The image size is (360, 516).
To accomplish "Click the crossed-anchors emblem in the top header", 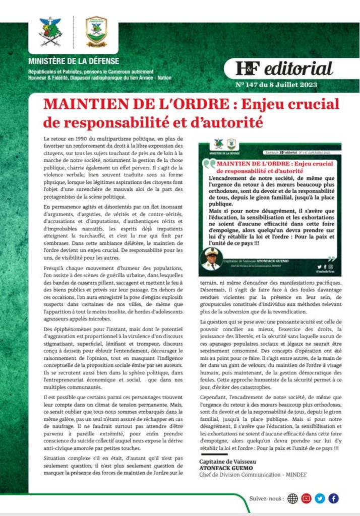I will click(50, 32).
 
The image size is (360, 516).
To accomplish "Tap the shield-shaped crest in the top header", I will click(96, 30).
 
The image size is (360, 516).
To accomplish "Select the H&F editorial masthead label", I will click(285, 69).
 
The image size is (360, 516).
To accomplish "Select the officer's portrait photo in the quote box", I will click(211, 259).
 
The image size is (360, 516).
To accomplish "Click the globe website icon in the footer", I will click(292, 499).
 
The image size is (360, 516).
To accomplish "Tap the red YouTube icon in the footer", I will click(306, 499).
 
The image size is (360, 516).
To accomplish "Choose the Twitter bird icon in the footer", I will click(320, 499).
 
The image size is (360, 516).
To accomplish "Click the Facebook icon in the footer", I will click(333, 499).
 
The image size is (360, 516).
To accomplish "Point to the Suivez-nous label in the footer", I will click(266, 499).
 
